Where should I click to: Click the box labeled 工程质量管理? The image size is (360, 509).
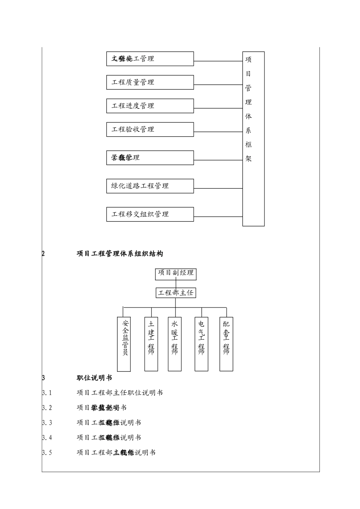(150, 82)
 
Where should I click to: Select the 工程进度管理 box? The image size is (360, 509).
(150, 106)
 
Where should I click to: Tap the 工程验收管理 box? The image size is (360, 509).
(150, 129)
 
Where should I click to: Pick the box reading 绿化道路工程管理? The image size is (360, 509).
(150, 186)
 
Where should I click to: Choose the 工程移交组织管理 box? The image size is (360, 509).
(150, 214)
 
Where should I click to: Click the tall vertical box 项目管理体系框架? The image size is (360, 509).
(253, 139)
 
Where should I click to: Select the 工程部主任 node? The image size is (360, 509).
(176, 293)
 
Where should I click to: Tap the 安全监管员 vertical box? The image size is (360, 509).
(124, 344)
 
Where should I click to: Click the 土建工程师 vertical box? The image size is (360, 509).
(151, 344)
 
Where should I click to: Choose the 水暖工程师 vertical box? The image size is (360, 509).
(175, 344)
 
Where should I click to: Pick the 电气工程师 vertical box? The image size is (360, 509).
(201, 344)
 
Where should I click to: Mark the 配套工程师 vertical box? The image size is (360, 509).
(226, 344)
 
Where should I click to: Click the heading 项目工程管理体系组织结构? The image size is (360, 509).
(120, 254)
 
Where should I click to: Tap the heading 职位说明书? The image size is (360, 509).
(94, 378)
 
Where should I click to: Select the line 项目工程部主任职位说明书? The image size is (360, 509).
(120, 393)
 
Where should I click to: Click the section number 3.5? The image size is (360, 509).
(47, 453)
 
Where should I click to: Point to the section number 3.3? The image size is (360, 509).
(47, 423)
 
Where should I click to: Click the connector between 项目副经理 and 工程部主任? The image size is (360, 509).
(176, 284)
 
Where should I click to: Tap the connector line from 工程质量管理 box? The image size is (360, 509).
(218, 84)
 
